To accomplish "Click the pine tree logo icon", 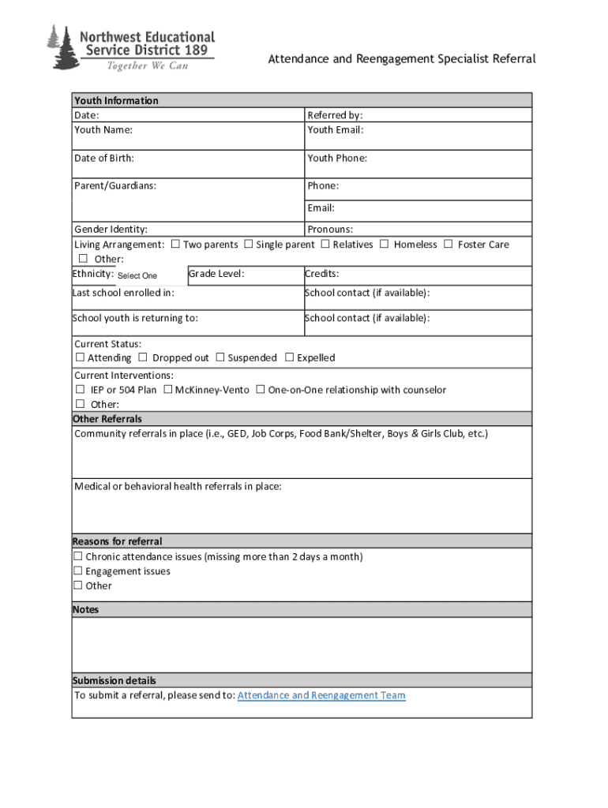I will (59, 47).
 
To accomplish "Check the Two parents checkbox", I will (175, 245).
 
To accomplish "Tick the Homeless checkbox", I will (385, 245).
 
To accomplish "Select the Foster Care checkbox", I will (448, 245).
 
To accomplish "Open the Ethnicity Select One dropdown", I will (137, 275).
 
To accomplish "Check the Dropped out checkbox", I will (143, 357).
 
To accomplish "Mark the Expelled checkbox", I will (289, 357).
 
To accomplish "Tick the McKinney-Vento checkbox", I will (168, 390).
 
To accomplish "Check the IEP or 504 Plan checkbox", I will (81, 390).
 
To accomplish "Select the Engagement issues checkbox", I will (78, 571).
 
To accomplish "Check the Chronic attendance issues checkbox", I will (78, 557).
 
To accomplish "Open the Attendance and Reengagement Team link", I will (321, 695).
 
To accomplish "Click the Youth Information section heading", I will (116, 100).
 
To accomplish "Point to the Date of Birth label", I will (104, 158).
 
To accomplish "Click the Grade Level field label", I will (216, 274).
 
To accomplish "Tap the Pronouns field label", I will (330, 230).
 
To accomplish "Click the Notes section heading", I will (85, 610).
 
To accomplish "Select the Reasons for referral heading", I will (117, 541).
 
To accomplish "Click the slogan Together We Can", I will (148, 65).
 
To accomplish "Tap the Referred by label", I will (335, 115).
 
